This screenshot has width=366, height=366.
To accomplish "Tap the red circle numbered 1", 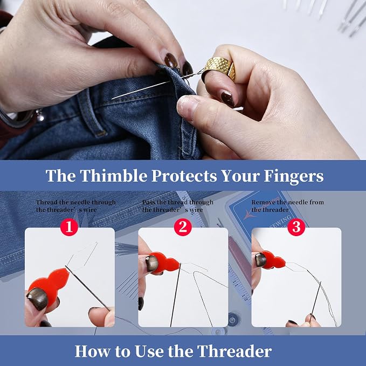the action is pos(69,227).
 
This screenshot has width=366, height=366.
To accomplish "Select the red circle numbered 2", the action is pos(183,227).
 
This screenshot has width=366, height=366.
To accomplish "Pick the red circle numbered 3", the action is pos(296,227).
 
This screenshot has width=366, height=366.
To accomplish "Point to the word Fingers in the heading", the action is pos(294,176).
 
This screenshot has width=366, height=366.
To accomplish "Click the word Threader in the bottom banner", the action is pos(234,351).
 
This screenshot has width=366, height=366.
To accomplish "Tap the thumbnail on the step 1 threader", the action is pos(37,299).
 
